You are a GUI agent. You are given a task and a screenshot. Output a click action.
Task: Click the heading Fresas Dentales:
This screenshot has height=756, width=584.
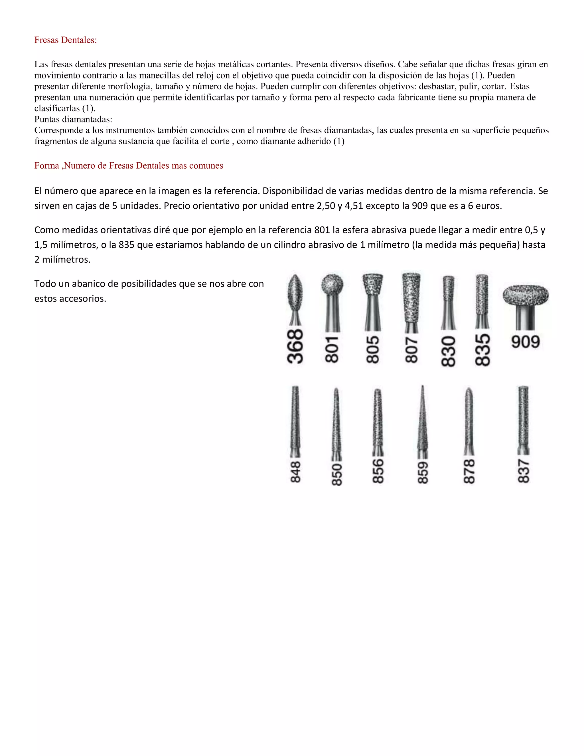coord(65,40)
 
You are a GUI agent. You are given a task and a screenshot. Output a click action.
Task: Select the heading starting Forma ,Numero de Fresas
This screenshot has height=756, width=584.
coord(128,166)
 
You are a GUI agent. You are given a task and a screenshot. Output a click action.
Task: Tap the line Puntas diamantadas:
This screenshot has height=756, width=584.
coord(73,120)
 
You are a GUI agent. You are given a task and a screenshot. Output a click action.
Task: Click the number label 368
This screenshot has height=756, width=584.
coord(295,346)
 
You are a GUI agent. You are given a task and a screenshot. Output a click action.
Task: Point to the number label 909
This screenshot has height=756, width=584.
coord(525,342)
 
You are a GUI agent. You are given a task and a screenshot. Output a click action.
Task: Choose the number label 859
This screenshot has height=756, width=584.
coord(423,472)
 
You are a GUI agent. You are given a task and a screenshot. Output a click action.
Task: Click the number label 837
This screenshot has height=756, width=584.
coord(524,471)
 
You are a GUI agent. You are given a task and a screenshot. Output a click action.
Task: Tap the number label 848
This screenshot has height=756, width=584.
coord(295,472)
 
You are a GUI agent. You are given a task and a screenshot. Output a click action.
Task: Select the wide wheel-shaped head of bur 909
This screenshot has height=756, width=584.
coord(526,295)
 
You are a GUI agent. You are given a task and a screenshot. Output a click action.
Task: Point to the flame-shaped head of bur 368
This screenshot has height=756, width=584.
coord(295,292)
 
